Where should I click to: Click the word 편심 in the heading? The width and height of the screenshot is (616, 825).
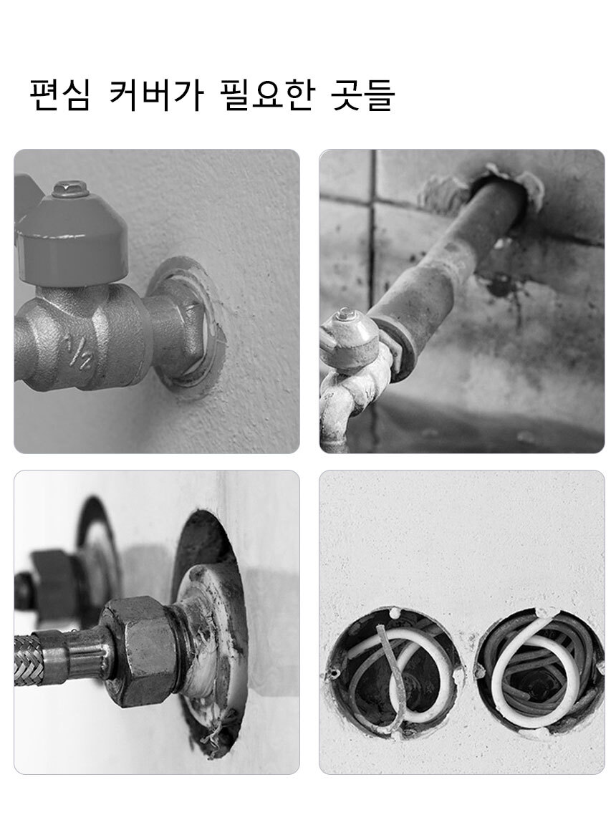tap(59, 95)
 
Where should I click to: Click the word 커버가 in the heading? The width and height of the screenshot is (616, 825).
tap(156, 95)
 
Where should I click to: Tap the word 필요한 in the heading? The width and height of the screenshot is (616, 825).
tap(266, 95)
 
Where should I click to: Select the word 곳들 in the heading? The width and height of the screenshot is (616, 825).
tap(363, 95)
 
